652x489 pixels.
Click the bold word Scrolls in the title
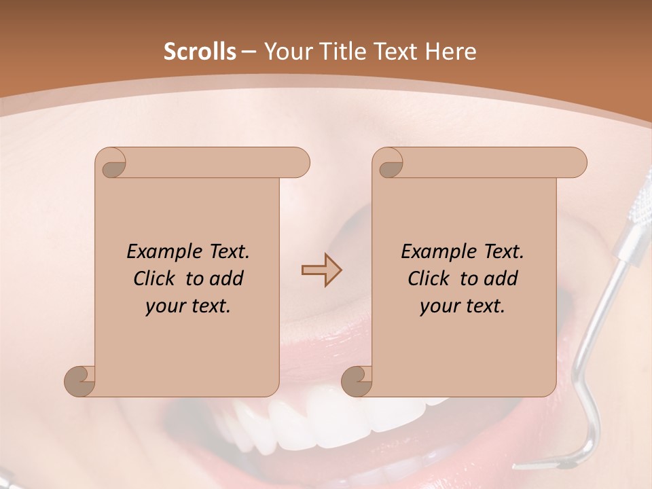(x=200, y=52)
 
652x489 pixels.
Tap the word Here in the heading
(x=451, y=52)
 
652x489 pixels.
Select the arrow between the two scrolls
(x=321, y=270)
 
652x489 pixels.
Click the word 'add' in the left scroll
(x=227, y=278)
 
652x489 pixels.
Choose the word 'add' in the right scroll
(x=501, y=278)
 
